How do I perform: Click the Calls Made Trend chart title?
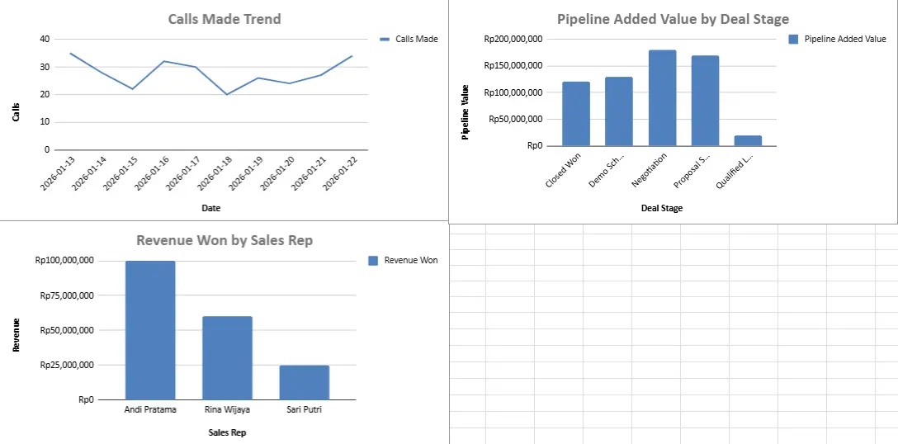coord(224,19)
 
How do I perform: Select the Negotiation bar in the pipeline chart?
coord(662,98)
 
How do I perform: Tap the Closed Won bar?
coord(576,114)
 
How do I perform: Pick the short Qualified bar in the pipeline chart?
coord(748,140)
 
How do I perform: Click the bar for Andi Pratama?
coord(150,330)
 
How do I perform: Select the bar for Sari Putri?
coord(304,382)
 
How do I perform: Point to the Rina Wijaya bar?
coord(227,357)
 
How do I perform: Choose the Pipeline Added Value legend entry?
coord(837,39)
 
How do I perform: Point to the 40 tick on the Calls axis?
coord(44,39)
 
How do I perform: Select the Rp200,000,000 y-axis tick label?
coord(513,39)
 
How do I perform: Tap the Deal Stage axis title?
coord(661,208)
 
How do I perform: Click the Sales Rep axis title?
coord(226,432)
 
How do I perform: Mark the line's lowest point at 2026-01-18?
coord(226,94)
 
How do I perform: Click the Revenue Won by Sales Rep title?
coord(224,240)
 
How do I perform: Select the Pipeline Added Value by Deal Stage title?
coord(673,19)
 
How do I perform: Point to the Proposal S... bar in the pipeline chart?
coord(705,101)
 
